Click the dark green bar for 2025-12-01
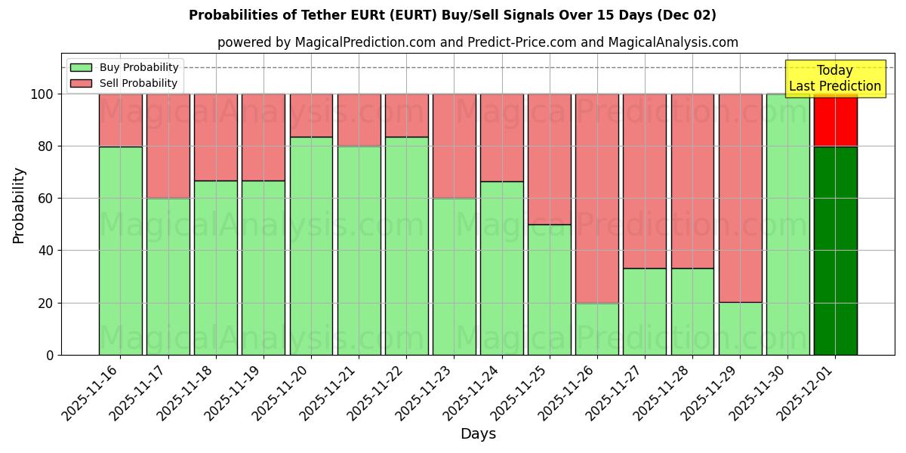pos(835,251)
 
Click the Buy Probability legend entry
pos(125,67)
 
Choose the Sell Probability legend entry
pos(125,83)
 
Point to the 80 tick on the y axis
pos(47,146)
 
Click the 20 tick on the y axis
pos(47,304)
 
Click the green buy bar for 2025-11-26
pos(596,329)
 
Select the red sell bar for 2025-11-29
pos(740,198)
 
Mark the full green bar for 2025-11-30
pos(787,224)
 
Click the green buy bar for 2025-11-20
pos(311,246)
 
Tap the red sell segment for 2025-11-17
pos(168,146)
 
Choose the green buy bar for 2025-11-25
pos(549,290)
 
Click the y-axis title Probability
pos(19,205)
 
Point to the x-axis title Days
pos(478,434)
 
